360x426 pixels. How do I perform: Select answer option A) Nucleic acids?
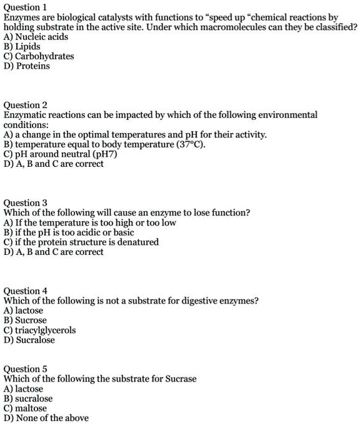pyautogui.click(x=36, y=37)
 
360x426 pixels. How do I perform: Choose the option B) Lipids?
pyautogui.click(x=22, y=46)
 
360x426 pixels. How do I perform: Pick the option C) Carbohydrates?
pyautogui.click(x=39, y=56)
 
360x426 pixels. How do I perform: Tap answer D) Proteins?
pyautogui.click(x=26, y=66)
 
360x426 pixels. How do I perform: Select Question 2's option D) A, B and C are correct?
pyautogui.click(x=53, y=164)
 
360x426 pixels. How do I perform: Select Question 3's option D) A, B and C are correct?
pyautogui.click(x=53, y=252)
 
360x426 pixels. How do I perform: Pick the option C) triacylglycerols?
pyautogui.click(x=40, y=330)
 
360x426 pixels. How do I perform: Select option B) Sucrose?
pyautogui.click(x=25, y=320)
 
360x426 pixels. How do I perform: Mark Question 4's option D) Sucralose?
pyautogui.click(x=29, y=340)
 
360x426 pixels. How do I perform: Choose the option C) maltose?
pyautogui.click(x=25, y=408)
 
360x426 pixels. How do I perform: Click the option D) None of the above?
pyautogui.click(x=46, y=418)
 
